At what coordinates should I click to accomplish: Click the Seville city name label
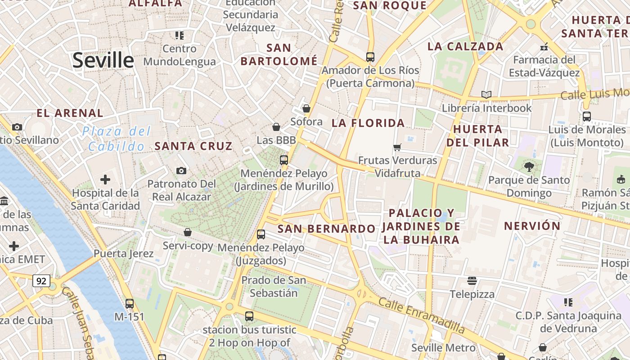coord(103,60)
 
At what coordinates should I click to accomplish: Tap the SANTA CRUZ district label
coord(193,146)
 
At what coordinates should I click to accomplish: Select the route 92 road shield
coord(41,281)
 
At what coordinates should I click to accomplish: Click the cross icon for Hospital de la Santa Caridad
coord(105,180)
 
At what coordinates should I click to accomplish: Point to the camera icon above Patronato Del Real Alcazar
coord(181,171)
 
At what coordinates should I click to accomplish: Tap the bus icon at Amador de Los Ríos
coord(370,57)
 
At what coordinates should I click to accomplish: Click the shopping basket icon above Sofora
coord(306,108)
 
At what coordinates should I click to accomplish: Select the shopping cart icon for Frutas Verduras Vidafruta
coord(397,147)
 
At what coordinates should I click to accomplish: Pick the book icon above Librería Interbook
coord(486,94)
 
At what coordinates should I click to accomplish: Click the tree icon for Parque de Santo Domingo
coord(529,167)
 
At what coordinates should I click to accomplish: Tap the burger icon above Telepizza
coord(472,281)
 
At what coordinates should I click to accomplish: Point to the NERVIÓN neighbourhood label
coord(532,226)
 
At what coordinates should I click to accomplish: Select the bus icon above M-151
coord(130,304)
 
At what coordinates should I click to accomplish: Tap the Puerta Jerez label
coord(123,253)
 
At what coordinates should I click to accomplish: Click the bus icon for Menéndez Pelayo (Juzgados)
coord(261,234)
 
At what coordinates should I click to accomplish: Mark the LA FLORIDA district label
coord(368,123)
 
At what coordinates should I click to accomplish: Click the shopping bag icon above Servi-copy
coord(188,232)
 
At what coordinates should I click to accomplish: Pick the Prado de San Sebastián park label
coord(274,286)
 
